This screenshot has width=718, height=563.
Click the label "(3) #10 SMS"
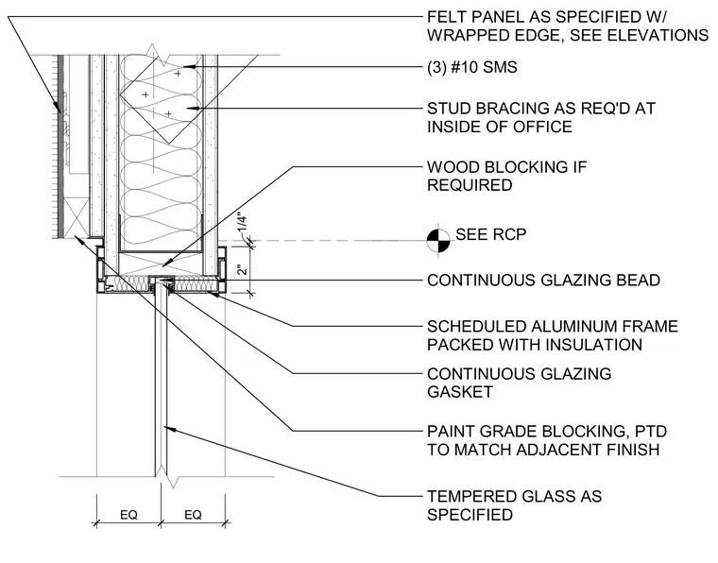pos(472,67)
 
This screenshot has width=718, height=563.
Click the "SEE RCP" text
pos(491,234)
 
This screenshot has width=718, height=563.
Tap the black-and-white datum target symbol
pos(438,240)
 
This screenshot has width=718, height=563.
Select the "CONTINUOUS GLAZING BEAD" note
pos(543,281)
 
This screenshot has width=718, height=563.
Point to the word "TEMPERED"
pos(469,496)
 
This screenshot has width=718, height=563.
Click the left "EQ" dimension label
pos(128,515)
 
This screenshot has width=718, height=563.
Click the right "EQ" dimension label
pos(193,515)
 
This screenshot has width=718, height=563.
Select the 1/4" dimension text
pos(242,224)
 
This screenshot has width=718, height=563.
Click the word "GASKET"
pos(460,392)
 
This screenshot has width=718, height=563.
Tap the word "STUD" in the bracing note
pos(449,109)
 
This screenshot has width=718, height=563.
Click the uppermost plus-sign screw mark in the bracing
pos(178,73)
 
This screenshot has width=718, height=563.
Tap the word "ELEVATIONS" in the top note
pos(658,35)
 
